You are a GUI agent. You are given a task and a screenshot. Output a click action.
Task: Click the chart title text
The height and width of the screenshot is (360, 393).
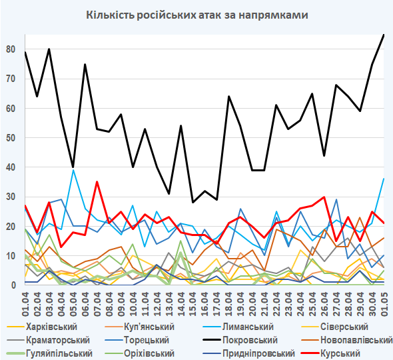click(x=197, y=15)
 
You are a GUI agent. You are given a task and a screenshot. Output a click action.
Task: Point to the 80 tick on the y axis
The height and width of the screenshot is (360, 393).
click(x=11, y=49)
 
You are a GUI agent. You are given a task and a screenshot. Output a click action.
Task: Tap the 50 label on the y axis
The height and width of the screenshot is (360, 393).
click(x=11, y=138)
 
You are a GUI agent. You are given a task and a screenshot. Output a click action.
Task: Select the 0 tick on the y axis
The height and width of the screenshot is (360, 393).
click(x=13, y=285)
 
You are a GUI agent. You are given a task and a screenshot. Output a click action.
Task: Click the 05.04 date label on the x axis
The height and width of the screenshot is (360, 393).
click(x=73, y=304)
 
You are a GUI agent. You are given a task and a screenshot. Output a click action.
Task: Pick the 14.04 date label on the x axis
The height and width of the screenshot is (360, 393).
click(x=181, y=304)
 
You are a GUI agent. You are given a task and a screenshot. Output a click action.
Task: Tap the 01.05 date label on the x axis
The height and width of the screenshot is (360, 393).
click(x=384, y=304)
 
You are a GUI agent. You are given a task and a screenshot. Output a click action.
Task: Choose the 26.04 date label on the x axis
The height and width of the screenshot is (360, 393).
click(x=324, y=304)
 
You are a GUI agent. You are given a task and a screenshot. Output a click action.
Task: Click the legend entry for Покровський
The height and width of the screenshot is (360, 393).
click(x=240, y=340)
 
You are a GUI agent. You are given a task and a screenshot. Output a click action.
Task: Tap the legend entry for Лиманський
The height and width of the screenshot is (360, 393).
click(x=238, y=327)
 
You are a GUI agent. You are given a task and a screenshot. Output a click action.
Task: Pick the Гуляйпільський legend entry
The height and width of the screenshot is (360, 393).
click(x=49, y=353)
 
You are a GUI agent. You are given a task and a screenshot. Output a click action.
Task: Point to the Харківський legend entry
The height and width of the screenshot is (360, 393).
click(x=41, y=327)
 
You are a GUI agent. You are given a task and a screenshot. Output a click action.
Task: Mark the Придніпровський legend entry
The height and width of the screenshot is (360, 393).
click(x=249, y=353)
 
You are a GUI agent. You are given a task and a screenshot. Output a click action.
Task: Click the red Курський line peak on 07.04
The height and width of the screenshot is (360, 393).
click(x=97, y=182)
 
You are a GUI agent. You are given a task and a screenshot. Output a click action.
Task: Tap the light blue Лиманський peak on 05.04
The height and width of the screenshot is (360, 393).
click(x=73, y=170)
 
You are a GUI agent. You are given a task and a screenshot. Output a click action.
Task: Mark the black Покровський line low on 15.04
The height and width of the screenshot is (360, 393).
click(x=193, y=203)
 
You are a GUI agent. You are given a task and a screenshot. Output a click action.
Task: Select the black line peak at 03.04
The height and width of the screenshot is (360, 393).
click(x=49, y=49)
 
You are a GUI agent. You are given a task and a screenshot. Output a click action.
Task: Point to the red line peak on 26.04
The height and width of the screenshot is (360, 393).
click(x=324, y=197)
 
